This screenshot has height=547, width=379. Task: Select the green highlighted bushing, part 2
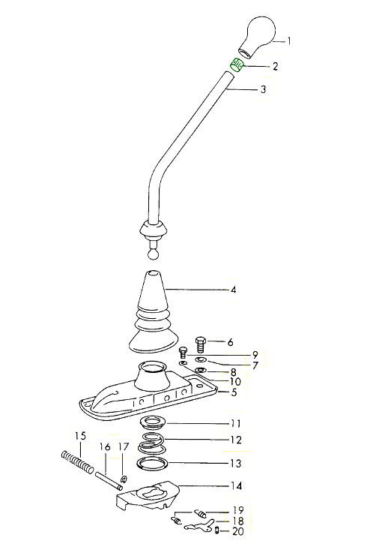[x=237, y=65]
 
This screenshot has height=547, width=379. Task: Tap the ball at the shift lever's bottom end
[x=153, y=254]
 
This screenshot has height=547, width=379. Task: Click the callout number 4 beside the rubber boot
[x=234, y=290]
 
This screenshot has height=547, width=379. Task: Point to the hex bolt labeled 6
[x=201, y=344]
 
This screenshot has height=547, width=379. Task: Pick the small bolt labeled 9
[x=184, y=353]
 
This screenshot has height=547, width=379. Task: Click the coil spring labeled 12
[x=151, y=441]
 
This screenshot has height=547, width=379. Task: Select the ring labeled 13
[x=152, y=464]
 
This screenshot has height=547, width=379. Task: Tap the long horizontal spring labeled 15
[x=77, y=462]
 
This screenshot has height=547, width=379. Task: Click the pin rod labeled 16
[x=109, y=481]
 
